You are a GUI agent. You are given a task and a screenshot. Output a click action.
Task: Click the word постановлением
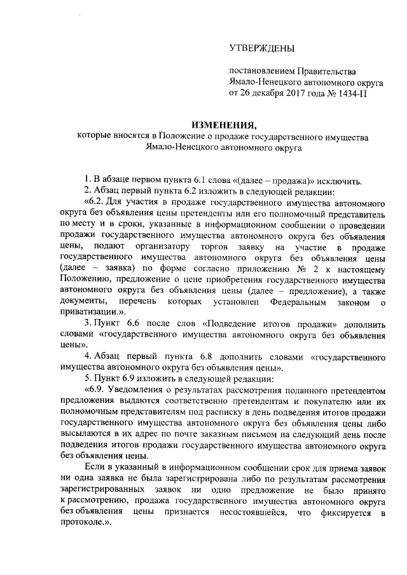(x=260, y=71)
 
